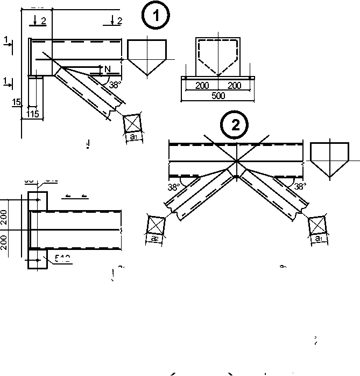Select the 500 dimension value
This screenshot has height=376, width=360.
coord(218,95)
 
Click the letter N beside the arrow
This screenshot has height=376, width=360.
coord(107,68)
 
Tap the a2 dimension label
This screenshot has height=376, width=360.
coord(154,238)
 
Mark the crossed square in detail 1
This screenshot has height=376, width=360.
coord(132,123)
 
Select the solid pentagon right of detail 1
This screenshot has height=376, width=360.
coord(147,54)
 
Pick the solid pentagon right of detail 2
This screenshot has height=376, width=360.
coord(330,159)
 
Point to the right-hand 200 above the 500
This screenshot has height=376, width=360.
coord(234,86)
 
